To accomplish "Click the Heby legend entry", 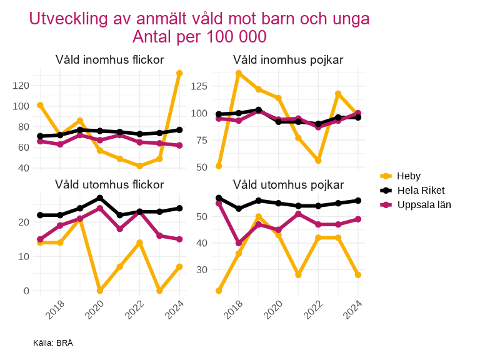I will tap(409, 176).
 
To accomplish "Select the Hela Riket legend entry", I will tap(421, 191).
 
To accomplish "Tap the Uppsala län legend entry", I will tap(424, 205).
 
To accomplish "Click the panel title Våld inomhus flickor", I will tap(109, 60).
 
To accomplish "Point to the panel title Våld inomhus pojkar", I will tap(288, 60).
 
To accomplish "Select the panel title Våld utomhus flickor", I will tap(109, 184).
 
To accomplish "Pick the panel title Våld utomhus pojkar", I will tap(288, 184).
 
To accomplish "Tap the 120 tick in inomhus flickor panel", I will tap(21, 86).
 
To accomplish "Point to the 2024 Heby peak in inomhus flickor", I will tap(179, 73).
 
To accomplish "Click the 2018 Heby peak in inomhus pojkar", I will tap(239, 73).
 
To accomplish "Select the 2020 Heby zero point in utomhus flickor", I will tap(100, 291).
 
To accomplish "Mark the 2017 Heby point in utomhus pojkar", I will tap(219, 291).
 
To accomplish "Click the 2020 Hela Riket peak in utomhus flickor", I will tap(100, 198).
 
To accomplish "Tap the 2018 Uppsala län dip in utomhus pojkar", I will tap(239, 243).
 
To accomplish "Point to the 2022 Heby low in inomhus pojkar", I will tap(318, 161).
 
